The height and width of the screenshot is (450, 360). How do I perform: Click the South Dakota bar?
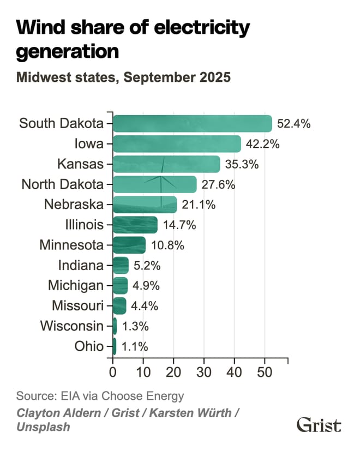tap(192, 123)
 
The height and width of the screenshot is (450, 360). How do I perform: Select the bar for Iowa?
tap(177, 144)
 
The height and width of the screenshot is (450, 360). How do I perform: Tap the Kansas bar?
tap(166, 164)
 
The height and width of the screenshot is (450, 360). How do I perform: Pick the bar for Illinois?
tap(135, 225)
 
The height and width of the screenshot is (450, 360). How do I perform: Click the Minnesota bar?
tap(129, 245)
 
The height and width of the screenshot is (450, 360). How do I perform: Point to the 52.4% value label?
tap(294, 124)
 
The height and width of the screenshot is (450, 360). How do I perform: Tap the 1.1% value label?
tap(134, 346)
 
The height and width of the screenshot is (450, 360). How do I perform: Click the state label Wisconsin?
tap(72, 326)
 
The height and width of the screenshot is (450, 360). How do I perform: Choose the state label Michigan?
tap(75, 285)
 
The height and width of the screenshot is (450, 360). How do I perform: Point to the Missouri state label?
tap(77, 305)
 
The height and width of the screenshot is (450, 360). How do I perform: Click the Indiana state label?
tap(81, 266)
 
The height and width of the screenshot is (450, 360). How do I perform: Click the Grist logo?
tap(319, 425)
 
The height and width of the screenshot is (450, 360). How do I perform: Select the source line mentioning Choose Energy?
tap(100, 395)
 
